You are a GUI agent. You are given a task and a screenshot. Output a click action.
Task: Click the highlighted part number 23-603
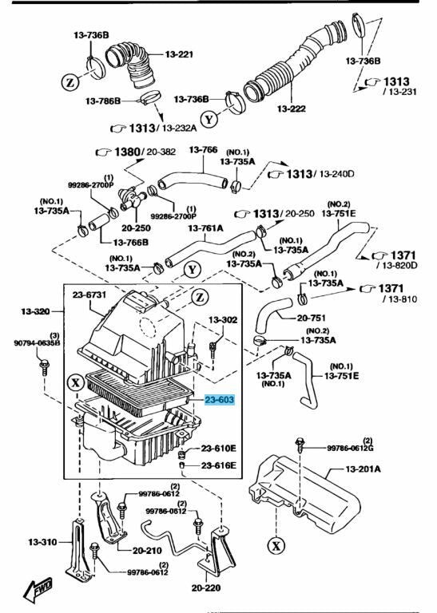click(x=220, y=400)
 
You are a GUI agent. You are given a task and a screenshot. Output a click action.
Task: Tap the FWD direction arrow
click(x=38, y=589)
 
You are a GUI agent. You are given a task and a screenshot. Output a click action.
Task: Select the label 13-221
click(x=179, y=54)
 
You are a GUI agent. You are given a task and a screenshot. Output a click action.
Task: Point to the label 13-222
click(x=291, y=109)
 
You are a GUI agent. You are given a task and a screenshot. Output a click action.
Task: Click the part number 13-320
click(x=36, y=311)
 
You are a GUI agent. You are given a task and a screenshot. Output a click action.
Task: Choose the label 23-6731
click(x=89, y=295)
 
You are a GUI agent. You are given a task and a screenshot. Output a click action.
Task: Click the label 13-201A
click(x=363, y=469)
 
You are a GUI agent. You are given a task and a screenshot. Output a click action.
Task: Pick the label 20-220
click(x=206, y=587)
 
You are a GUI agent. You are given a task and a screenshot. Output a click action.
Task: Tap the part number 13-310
click(x=42, y=542)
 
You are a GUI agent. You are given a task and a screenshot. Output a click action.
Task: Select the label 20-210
click(x=147, y=551)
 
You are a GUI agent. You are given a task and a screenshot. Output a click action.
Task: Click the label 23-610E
click(x=219, y=449)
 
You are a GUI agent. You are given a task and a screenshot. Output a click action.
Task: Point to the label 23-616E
click(x=219, y=465)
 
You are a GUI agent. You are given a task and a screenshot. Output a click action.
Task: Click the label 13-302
click(x=223, y=320)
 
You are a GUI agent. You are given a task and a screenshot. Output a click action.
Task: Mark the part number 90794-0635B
click(x=38, y=343)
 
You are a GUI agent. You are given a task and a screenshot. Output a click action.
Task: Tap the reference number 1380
click(x=127, y=152)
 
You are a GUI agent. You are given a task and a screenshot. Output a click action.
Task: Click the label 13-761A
click(x=205, y=228)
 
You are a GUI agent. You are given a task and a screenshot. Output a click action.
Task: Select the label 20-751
click(x=311, y=318)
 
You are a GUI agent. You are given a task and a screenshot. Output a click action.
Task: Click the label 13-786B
click(x=103, y=101)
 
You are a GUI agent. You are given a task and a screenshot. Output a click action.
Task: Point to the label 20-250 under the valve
click(x=136, y=228)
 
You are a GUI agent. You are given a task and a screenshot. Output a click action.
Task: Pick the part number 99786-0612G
click(x=350, y=448)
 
